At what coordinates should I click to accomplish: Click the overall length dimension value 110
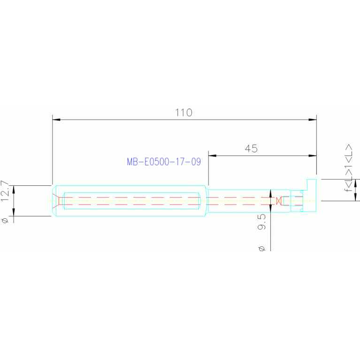pyautogui.click(x=184, y=113)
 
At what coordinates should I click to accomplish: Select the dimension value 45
pyautogui.click(x=251, y=149)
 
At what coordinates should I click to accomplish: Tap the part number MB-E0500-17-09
pyautogui.click(x=164, y=162)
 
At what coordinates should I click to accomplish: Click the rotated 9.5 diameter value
pyautogui.click(x=262, y=222)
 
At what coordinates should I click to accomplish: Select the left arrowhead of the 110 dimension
pyautogui.click(x=56, y=120)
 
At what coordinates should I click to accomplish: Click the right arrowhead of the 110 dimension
pyautogui.click(x=313, y=120)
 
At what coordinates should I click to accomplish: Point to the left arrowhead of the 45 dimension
pyautogui.click(x=212, y=156)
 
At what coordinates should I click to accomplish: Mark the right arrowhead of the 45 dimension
pyautogui.click(x=313, y=156)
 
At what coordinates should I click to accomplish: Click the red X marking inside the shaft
pyautogui.click(x=279, y=201)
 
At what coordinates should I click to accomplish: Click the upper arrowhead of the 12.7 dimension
pyautogui.click(x=14, y=189)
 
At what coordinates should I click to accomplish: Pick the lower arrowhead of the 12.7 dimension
pyautogui.click(x=14, y=213)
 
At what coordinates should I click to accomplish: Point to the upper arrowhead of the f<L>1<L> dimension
pyautogui.click(x=355, y=183)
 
